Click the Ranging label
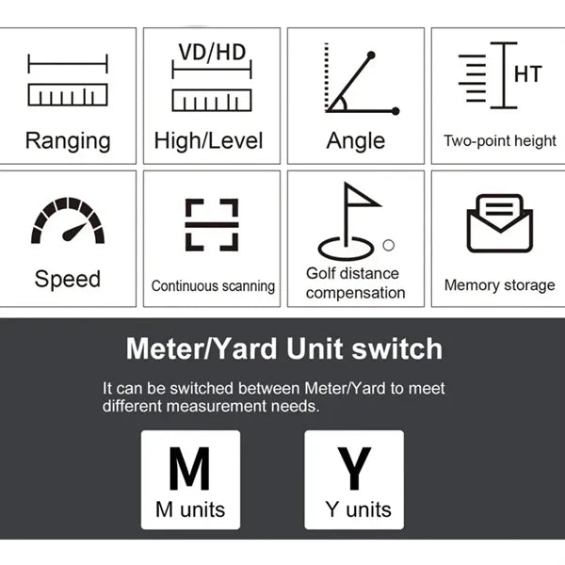point(68,141)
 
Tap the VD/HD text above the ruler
point(212,52)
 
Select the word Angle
point(356,141)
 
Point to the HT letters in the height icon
point(528,73)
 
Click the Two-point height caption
point(500,141)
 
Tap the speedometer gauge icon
point(68,220)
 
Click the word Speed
point(68,279)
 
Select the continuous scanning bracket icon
point(212,224)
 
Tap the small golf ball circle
point(388,246)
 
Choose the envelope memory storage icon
point(500,223)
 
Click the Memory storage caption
point(500,285)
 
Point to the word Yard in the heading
point(243,348)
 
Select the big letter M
point(189,468)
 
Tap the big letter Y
point(354,468)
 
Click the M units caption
point(190,509)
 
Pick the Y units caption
point(358,509)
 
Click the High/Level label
point(209,141)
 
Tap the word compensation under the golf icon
point(356,293)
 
